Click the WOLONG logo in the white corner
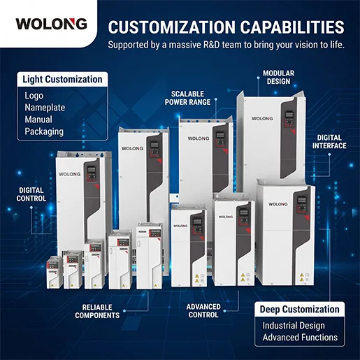(x=51, y=24)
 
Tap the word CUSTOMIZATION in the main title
(x=172, y=27)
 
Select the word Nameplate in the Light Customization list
(x=45, y=108)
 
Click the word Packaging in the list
(x=44, y=131)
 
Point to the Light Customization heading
(x=62, y=79)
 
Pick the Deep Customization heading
(x=299, y=310)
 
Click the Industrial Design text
(x=294, y=326)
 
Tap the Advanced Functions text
(x=300, y=337)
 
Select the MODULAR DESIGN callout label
(x=279, y=78)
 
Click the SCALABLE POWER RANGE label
(x=187, y=98)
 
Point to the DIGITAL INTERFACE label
(x=329, y=142)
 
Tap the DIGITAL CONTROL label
(x=31, y=194)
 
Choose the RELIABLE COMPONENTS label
(x=97, y=311)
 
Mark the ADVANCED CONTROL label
(x=203, y=311)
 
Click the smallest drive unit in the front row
(x=55, y=272)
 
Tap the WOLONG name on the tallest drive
(x=262, y=118)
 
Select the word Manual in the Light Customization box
(x=38, y=120)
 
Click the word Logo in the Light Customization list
(x=34, y=96)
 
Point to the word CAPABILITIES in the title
(x=292, y=27)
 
